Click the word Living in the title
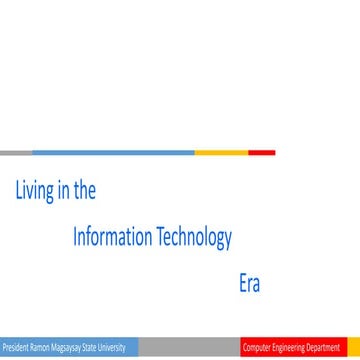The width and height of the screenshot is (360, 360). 33,191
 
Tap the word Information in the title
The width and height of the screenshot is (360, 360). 113,237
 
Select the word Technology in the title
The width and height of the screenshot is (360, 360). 195,238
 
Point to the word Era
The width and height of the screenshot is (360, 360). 249,283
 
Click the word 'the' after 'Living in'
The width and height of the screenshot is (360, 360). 84,190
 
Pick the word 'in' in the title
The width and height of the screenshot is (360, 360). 62,190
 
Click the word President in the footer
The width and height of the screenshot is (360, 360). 16,348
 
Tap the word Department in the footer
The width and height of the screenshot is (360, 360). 324,348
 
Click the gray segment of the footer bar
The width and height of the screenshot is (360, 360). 190,348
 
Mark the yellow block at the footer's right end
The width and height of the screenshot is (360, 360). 353,348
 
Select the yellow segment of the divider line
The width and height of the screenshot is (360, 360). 221,153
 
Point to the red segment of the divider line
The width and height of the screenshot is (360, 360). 261,153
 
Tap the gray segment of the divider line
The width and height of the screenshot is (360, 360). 16,153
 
